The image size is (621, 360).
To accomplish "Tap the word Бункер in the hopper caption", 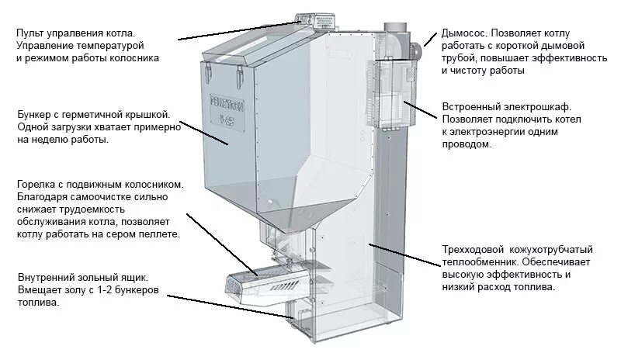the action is click(x=34, y=115).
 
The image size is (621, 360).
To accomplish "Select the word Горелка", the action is click(x=36, y=185).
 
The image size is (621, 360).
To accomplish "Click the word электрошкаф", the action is click(x=519, y=107).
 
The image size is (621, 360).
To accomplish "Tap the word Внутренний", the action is click(x=46, y=277).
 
